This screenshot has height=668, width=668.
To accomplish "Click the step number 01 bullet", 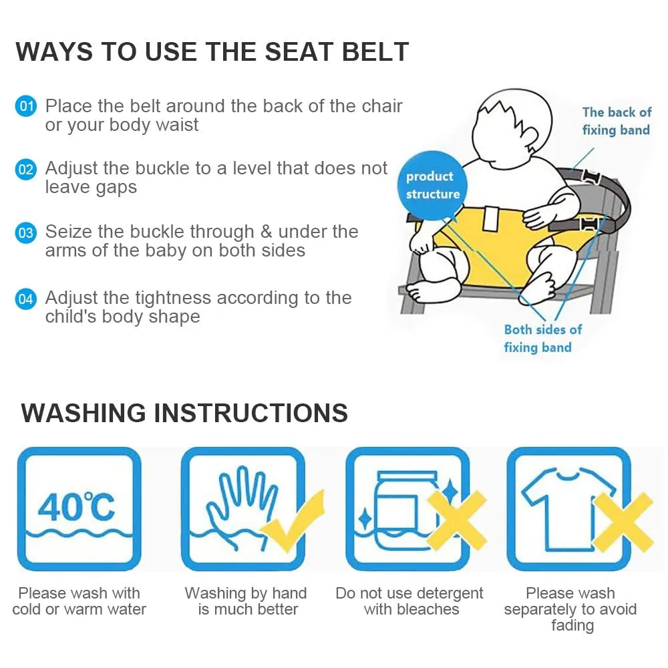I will [x=25, y=106].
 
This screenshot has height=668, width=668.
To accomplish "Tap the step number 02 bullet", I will [x=25, y=169].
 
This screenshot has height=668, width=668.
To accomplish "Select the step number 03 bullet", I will [x=25, y=233].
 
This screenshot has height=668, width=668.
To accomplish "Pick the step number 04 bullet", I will [x=25, y=298].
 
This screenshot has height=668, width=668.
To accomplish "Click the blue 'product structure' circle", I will [x=432, y=185].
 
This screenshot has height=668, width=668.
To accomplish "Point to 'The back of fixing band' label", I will [x=616, y=121].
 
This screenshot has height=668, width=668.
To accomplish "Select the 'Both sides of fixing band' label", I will [x=542, y=338].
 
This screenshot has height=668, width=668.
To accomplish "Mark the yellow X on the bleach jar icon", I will [x=457, y=521].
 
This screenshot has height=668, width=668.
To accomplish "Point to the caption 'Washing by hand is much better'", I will [x=246, y=601].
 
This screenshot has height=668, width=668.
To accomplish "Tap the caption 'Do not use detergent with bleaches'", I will [x=409, y=601].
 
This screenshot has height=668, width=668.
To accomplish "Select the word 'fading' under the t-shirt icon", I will [x=572, y=626].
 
